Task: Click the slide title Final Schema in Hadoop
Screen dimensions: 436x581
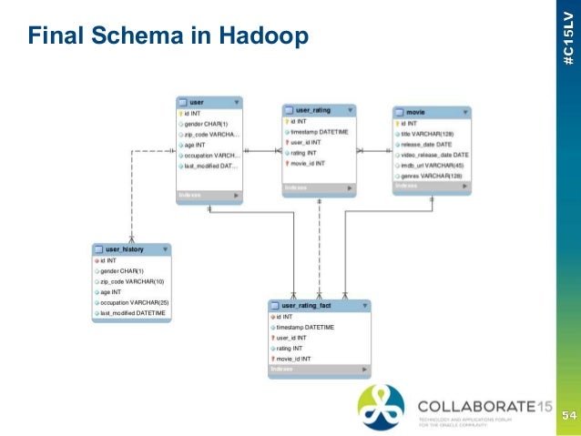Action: coord(168,37)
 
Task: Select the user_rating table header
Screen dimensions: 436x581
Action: coord(318,109)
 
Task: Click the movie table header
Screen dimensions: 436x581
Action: coord(432,112)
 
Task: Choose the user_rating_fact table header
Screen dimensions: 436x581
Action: coord(319,306)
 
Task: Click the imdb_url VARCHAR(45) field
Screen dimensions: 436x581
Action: coord(433,166)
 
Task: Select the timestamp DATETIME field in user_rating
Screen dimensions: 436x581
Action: coord(319,131)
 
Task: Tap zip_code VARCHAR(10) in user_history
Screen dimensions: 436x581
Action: coord(132,281)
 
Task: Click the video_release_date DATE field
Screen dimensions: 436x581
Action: coord(434,155)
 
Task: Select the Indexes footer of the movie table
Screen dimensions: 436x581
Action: coord(432,186)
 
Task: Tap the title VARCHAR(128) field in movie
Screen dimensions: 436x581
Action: coord(427,134)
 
